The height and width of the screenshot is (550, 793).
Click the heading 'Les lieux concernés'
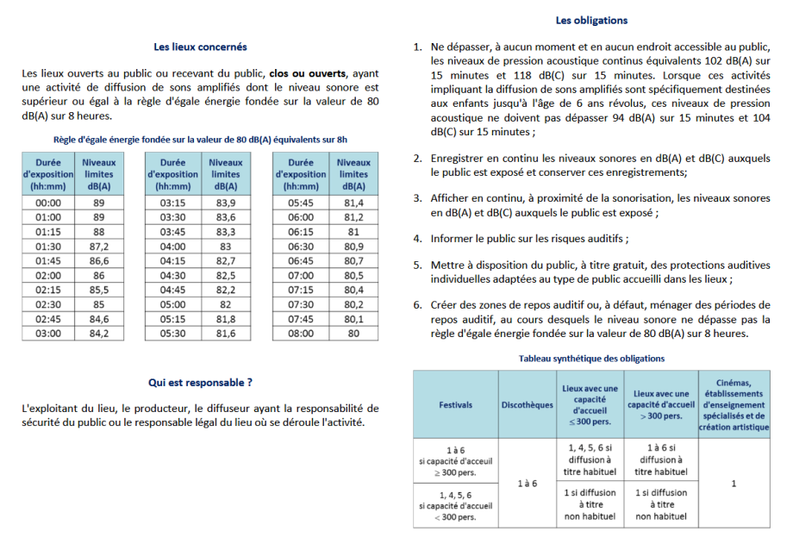click(200, 47)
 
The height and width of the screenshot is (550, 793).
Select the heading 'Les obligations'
click(591, 21)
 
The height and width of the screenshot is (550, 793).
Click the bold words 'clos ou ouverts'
click(308, 73)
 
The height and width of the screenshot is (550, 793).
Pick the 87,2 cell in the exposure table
click(99, 247)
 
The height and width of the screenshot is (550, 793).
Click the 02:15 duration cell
click(47, 291)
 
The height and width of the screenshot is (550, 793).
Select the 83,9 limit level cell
click(226, 203)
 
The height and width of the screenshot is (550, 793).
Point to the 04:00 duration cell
click(174, 247)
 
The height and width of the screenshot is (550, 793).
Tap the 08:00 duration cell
click(301, 334)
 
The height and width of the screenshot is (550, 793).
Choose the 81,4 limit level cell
click(353, 203)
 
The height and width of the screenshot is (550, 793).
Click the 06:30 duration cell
click(301, 247)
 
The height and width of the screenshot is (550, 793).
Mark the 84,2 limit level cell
click(99, 334)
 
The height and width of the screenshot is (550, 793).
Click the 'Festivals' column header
click(455, 405)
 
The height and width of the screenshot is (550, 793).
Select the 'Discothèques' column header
click(527, 405)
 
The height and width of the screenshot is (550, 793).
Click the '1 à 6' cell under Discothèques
click(527, 484)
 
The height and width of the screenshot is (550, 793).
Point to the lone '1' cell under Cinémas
click(734, 484)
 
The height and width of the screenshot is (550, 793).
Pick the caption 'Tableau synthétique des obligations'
click(591, 359)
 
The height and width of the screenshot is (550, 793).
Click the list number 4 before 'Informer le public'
click(417, 239)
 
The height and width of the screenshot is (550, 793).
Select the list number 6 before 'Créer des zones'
click(417, 304)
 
